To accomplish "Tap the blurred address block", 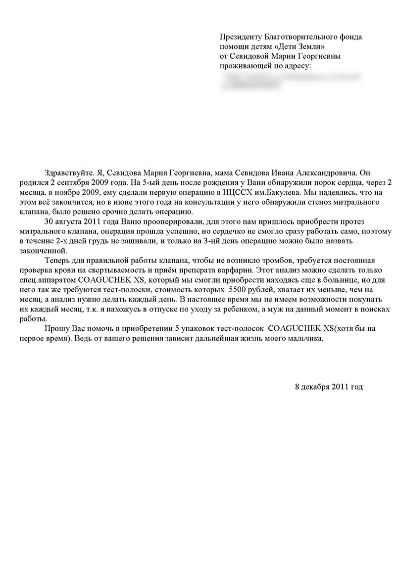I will pos(292,81).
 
